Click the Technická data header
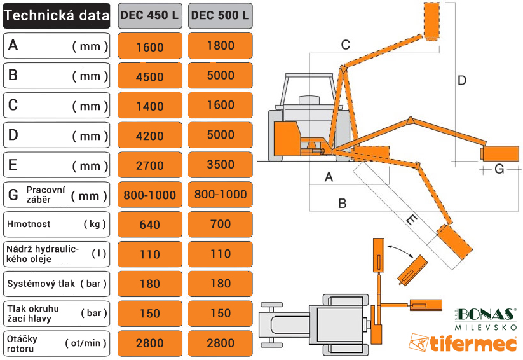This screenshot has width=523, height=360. coord(57,16)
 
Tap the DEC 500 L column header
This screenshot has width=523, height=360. coord(220,16)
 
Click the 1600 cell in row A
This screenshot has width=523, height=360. coord(149,46)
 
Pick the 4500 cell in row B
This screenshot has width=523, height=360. coord(149,76)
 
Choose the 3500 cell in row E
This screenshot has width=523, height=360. coord(220,165)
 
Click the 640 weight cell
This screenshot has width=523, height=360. coord(149,225)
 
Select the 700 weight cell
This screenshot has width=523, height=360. coord(220,225)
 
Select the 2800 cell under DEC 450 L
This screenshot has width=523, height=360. coord(149,343)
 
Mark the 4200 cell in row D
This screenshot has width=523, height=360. coord(149,135)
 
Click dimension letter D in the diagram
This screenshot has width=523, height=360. coord(462,80)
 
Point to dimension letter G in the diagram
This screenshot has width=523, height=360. coord(499,169)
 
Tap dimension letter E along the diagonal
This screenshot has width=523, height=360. coord(411,221)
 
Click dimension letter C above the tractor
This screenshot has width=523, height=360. coord(345,45)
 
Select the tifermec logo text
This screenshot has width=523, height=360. coord(473,344)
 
